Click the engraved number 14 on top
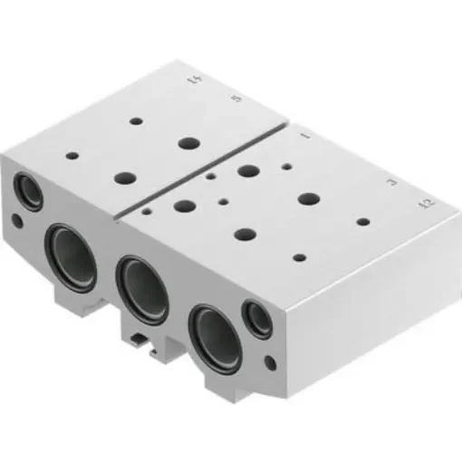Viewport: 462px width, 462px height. coord(191,83)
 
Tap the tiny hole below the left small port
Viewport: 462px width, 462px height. coord(18,220)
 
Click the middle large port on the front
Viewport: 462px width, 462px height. coord(141,289)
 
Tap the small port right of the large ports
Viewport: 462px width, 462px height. coord(259,318)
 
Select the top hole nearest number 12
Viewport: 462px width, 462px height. coord(362,221)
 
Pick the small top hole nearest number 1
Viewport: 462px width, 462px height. coord(286,167)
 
